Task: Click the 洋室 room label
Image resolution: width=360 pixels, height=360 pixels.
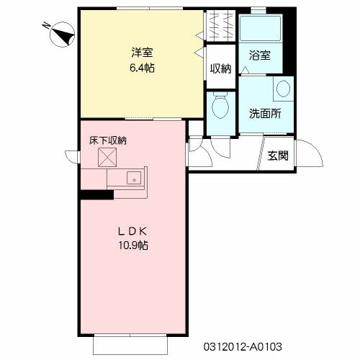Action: pyautogui.click(x=142, y=53)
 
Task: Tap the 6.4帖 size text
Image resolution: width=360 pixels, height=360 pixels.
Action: pyautogui.click(x=142, y=68)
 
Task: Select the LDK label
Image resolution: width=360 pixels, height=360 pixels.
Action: pyautogui.click(x=132, y=231)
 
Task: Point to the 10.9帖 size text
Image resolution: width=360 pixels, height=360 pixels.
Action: pyautogui.click(x=133, y=246)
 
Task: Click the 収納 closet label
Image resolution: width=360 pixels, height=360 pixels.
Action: pyautogui.click(x=221, y=69)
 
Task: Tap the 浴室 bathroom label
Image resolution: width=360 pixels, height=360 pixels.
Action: pyautogui.click(x=260, y=55)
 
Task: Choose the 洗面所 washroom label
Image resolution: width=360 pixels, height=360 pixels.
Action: pyautogui.click(x=265, y=113)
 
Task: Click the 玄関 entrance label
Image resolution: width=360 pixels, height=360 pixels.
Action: pyautogui.click(x=278, y=156)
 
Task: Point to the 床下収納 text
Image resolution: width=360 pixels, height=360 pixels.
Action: pyautogui.click(x=108, y=140)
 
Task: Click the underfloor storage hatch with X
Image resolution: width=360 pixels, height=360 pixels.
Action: pyautogui.click(x=107, y=157)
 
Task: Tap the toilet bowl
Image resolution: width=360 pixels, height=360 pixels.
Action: pyautogui.click(x=220, y=106)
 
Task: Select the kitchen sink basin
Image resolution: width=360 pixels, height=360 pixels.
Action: pyautogui.click(x=134, y=178)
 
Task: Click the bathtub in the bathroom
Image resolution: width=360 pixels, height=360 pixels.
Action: pyautogui.click(x=261, y=28)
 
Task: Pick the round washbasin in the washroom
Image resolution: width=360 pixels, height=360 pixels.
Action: pyautogui.click(x=283, y=89)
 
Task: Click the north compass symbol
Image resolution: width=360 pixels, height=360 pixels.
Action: pyautogui.click(x=62, y=35)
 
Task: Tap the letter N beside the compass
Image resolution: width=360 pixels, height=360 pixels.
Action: pyautogui.click(x=46, y=25)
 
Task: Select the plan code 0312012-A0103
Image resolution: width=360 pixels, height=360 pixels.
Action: pyautogui.click(x=243, y=347)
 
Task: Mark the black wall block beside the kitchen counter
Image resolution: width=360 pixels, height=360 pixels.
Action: pyautogui.click(x=97, y=194)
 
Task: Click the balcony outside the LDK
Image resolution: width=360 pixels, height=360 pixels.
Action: pyautogui.click(x=130, y=345)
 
